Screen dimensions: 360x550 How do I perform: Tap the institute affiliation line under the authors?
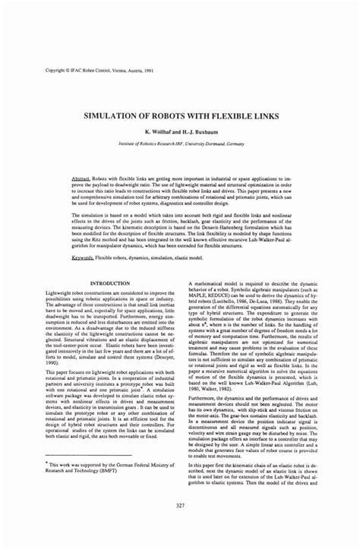coord(179,143)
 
